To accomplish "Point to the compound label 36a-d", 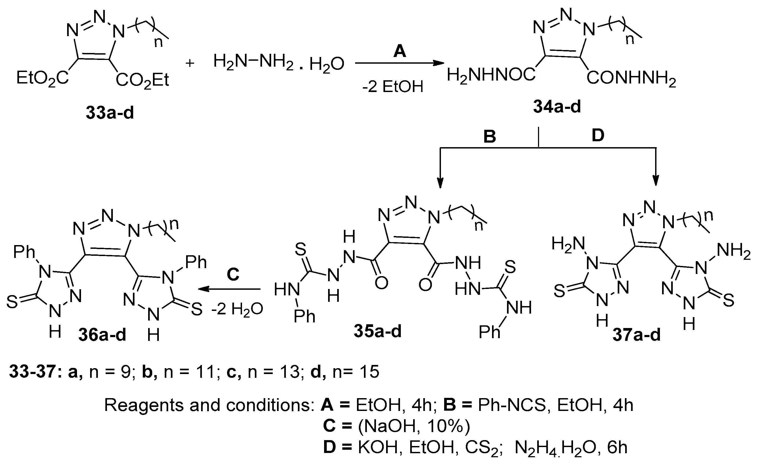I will (102, 335).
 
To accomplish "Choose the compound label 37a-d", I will (636, 335).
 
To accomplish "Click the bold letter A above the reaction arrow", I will (399, 51).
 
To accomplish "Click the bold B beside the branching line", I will (489, 136).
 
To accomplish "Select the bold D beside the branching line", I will (598, 135).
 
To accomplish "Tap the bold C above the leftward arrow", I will (233, 274).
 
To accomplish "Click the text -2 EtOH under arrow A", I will (393, 87).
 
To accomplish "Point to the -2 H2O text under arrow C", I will (237, 309).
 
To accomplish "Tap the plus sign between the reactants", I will (190, 63).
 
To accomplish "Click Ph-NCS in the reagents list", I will (512, 405).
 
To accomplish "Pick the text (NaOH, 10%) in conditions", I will (414, 426).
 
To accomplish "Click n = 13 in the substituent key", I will (273, 372).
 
